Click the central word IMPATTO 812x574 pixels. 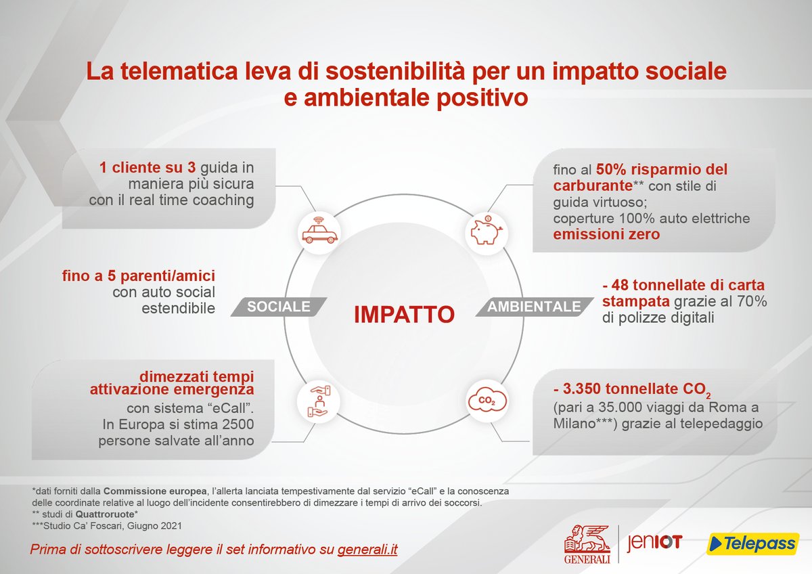pos(403,315)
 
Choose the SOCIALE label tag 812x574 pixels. pos(278,307)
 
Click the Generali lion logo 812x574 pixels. pos(588,542)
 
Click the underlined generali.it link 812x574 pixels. pos(367,549)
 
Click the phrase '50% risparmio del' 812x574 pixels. pos(662,169)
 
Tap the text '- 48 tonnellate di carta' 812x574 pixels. pos(683,285)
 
